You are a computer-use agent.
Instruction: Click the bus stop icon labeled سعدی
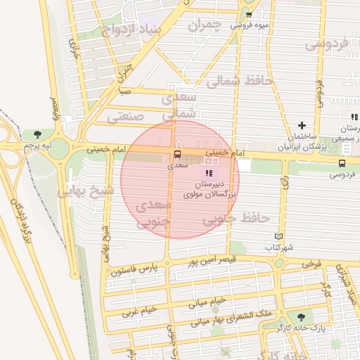(176, 154)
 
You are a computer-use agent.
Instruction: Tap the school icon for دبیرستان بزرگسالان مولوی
(208, 172)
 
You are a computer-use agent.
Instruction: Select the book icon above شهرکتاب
(278, 237)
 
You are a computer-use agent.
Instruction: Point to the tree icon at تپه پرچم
(37, 134)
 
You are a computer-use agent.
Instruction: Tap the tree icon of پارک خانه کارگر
(302, 317)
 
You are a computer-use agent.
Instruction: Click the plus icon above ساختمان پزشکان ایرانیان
(302, 125)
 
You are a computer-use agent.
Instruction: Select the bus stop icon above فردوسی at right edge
(341, 162)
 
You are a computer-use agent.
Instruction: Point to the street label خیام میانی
(207, 302)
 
